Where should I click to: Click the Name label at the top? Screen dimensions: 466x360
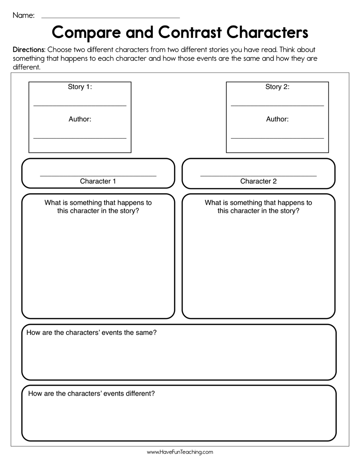[23, 15]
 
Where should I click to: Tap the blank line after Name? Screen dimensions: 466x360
[111, 17]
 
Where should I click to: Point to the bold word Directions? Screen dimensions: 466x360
[29, 50]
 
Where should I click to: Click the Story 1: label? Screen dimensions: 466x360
[80, 87]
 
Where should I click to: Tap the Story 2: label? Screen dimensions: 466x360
[277, 87]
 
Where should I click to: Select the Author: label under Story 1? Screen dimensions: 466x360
[80, 119]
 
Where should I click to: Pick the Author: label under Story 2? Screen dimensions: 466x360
[277, 119]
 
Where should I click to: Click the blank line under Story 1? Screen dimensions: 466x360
[80, 106]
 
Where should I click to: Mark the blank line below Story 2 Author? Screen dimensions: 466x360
[277, 138]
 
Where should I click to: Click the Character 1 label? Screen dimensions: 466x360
[98, 181]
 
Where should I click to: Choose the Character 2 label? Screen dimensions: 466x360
[258, 181]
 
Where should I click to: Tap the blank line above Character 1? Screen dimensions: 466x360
[98, 176]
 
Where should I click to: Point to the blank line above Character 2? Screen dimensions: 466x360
[258, 176]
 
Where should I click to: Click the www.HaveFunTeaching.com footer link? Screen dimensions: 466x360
[180, 452]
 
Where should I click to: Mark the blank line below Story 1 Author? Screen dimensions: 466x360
[80, 138]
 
